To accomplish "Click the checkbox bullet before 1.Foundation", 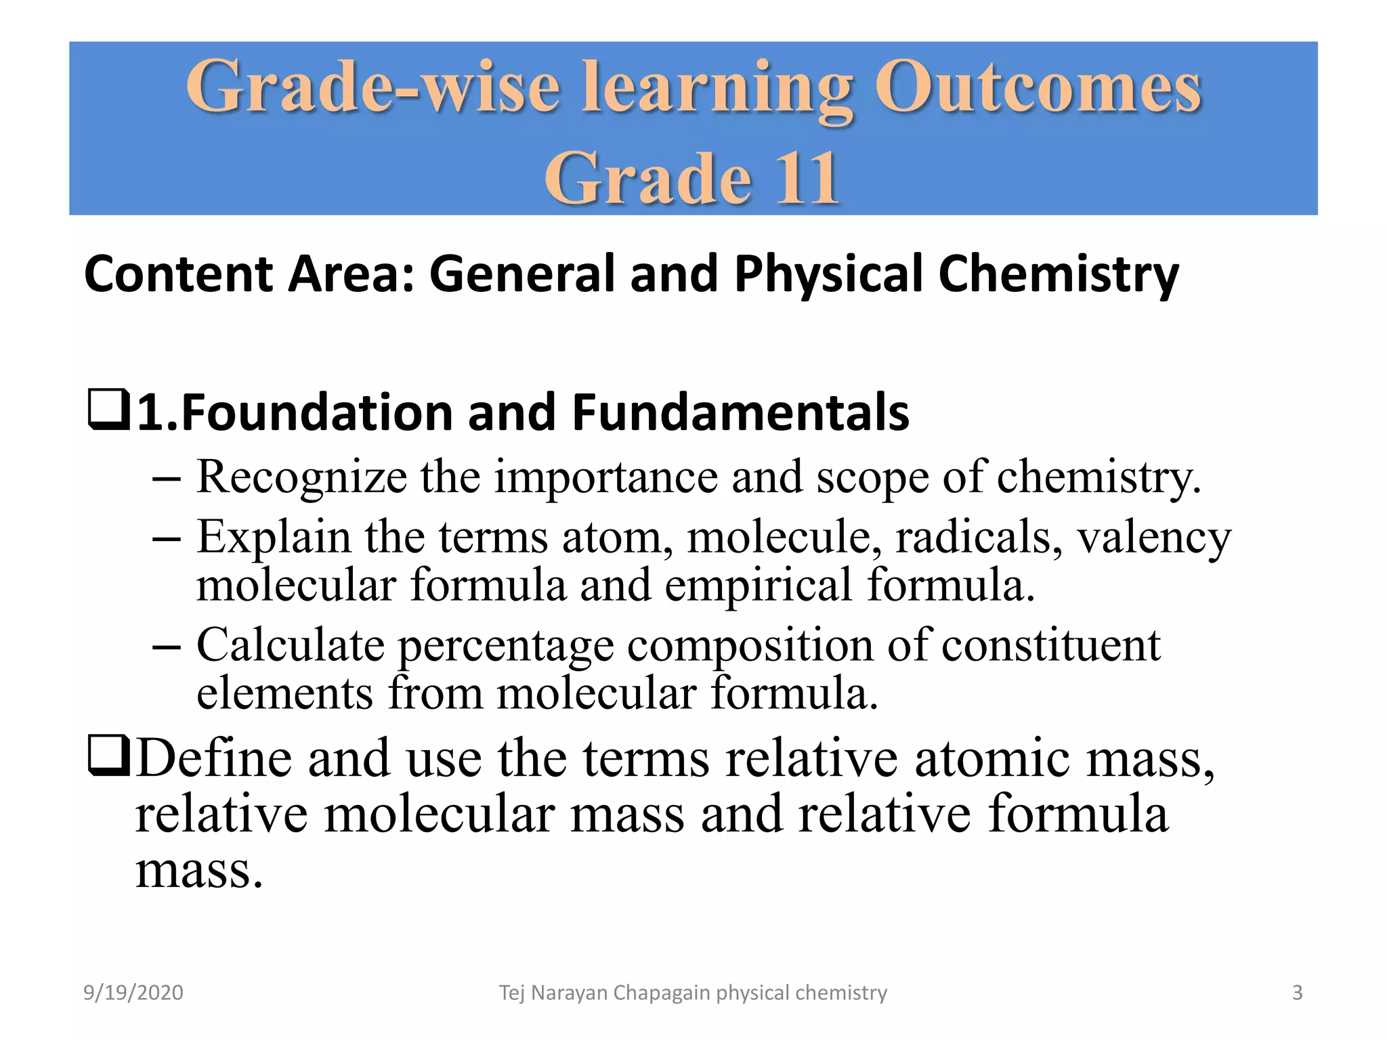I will pos(108,410).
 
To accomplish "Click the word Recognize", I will pos(301,477).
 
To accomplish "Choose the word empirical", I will pos(758,586).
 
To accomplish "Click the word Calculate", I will pos(291,645).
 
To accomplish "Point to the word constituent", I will pos(1050,645).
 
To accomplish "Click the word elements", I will pos(284,693).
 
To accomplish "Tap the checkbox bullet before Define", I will pos(108,756).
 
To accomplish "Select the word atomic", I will pos(993,758).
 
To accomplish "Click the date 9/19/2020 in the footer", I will pos(133,993).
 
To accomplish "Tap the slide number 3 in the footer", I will pos(1297,993).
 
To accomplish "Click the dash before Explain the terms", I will pos(167,539).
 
